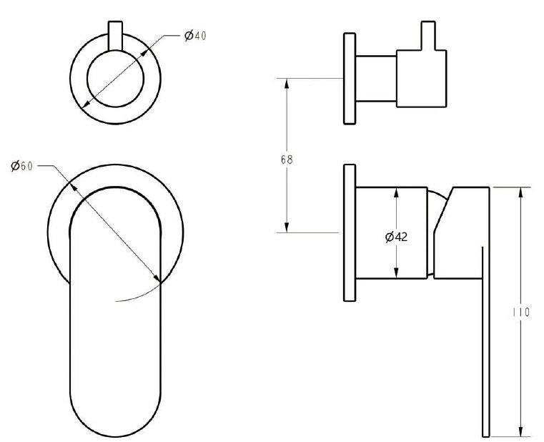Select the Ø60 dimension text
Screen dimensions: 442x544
pyautogui.click(x=22, y=166)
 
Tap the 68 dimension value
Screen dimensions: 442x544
pyautogui.click(x=286, y=159)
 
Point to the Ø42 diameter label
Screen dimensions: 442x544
pyautogui.click(x=396, y=237)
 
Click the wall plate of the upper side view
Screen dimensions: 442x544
pyautogui.click(x=350, y=77)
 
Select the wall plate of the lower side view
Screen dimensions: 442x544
pyautogui.click(x=350, y=232)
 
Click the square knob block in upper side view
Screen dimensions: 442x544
pyautogui.click(x=422, y=79)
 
